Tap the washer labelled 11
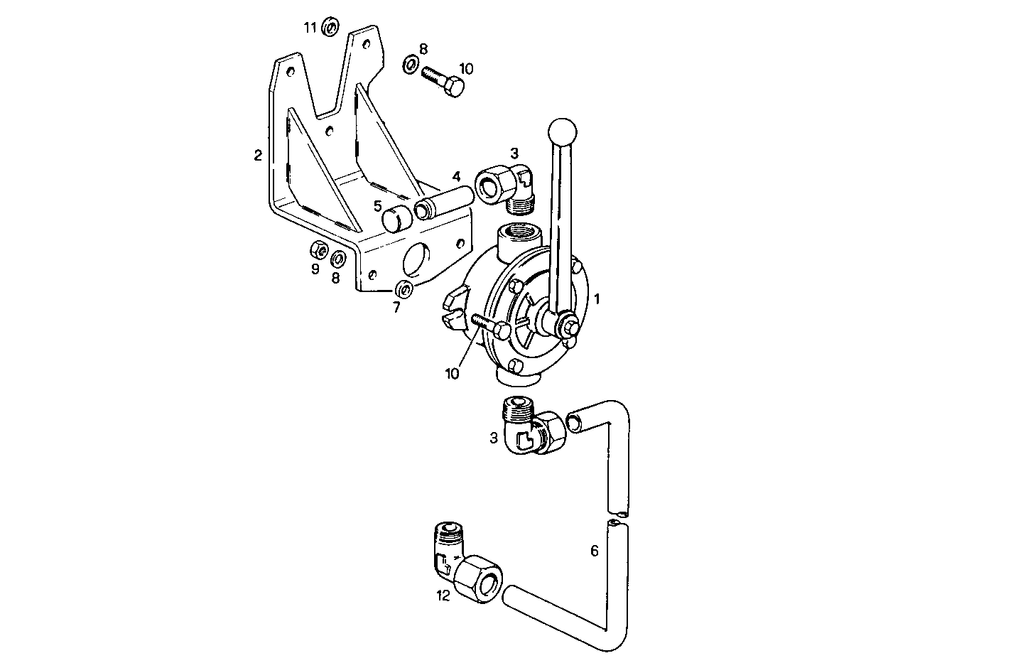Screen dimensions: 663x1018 pyautogui.click(x=330, y=28)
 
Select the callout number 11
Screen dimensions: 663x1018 pyautogui.click(x=310, y=28)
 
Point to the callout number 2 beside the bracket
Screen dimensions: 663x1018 pyautogui.click(x=258, y=154)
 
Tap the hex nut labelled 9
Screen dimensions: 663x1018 pyautogui.click(x=319, y=252)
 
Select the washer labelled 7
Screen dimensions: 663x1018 pyautogui.click(x=405, y=290)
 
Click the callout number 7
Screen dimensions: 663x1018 pyautogui.click(x=396, y=307)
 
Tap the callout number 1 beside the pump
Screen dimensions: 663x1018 pyautogui.click(x=597, y=299)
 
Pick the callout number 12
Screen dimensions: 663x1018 pyautogui.click(x=443, y=595)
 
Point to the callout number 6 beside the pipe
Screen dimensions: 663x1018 pyautogui.click(x=595, y=550)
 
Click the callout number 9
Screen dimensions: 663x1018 pyautogui.click(x=315, y=269)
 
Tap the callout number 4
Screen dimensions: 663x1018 pyautogui.click(x=457, y=176)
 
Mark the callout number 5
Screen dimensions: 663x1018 pyautogui.click(x=378, y=206)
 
